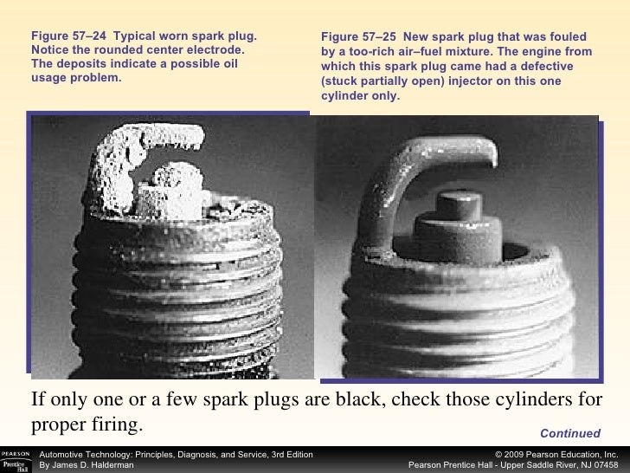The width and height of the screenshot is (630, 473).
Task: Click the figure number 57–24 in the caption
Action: point(89,36)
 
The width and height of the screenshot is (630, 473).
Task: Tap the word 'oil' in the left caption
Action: point(228,63)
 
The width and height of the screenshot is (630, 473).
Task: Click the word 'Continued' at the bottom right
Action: point(570,433)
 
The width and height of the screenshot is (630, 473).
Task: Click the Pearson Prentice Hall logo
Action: point(16,461)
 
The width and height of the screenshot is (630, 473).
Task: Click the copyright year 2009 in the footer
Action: point(514,455)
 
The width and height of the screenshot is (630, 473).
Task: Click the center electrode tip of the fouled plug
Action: point(459,205)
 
